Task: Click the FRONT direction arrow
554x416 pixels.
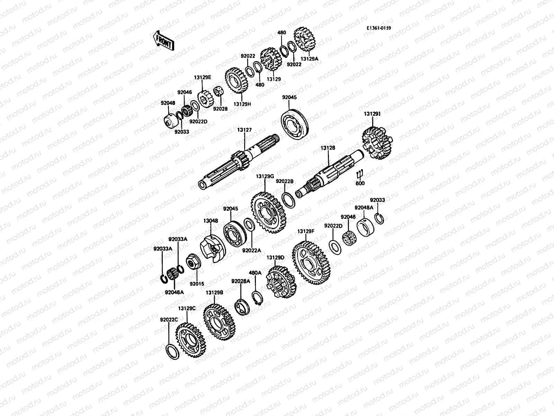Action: (163, 41)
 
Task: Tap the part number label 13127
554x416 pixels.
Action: (244, 130)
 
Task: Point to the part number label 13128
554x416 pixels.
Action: (328, 148)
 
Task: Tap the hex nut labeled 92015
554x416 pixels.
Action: (193, 263)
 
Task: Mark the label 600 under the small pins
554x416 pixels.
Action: (360, 183)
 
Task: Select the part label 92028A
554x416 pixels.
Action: (240, 281)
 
